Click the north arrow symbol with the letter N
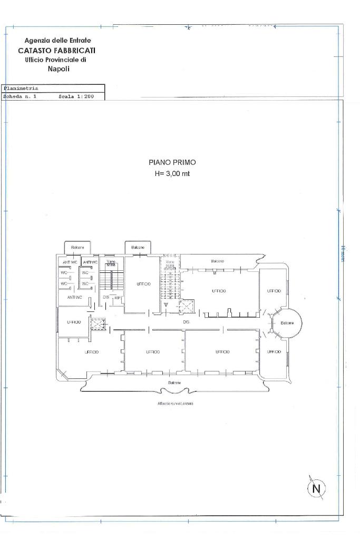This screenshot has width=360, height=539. point(316,488)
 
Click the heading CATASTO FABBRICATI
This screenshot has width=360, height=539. point(57,51)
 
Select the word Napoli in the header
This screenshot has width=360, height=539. point(59,68)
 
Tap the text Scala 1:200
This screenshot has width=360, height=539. point(76,97)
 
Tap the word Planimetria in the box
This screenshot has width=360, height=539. point(21,89)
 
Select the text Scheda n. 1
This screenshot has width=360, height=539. point(20,97)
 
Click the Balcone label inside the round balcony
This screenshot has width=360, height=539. point(287,323)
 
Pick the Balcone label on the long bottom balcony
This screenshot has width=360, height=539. point(175,383)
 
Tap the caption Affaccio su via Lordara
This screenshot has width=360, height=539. point(172,404)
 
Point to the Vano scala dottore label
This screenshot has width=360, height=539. point(170,266)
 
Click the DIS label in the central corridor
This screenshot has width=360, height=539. point(186,321)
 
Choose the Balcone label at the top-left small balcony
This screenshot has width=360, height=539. point(78,247)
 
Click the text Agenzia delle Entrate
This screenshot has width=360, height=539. point(57,41)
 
